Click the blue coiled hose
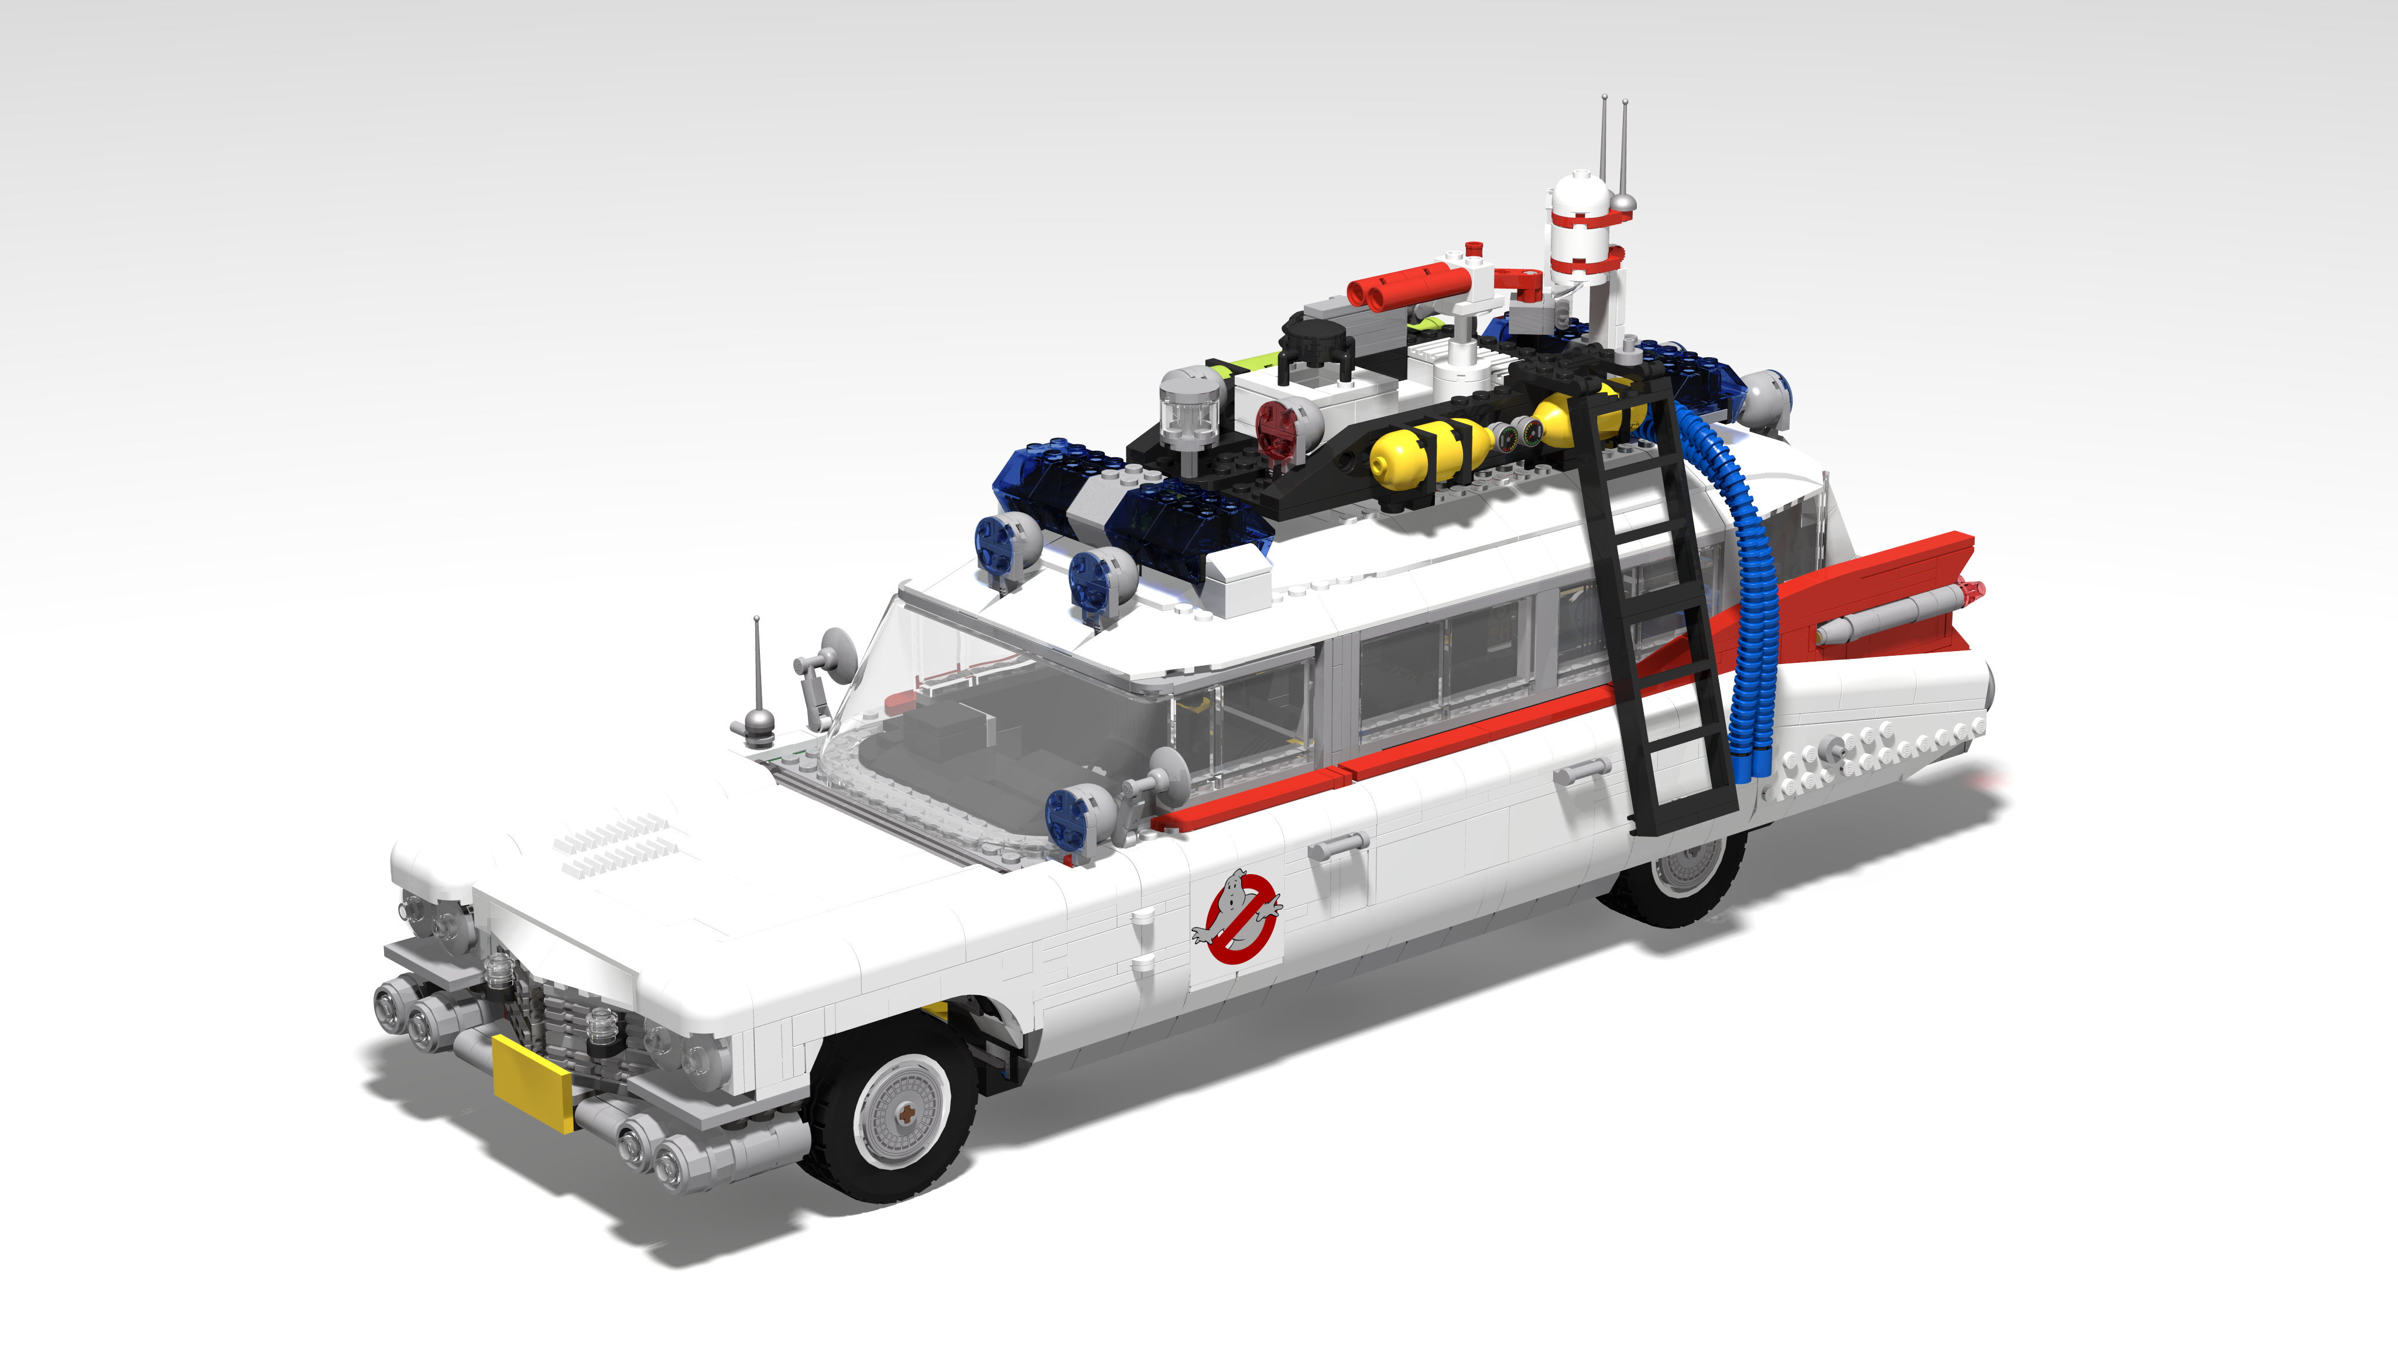click(1750, 596)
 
